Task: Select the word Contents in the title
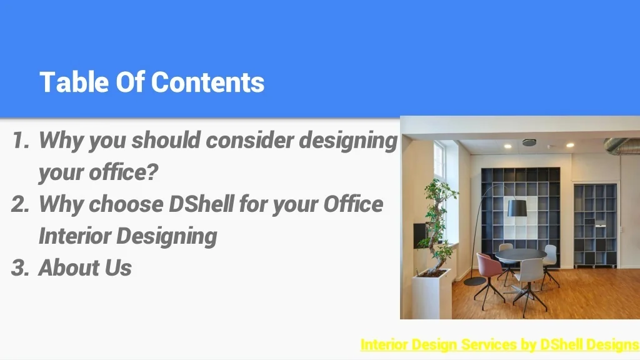pos(207,82)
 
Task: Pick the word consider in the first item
pos(250,140)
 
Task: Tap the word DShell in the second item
pos(201,204)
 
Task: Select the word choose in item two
pos(126,204)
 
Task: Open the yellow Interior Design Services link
pos(499,344)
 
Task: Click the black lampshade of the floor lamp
pos(517,208)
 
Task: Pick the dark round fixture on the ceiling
pos(529,142)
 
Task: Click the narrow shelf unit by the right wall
pos(595,225)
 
